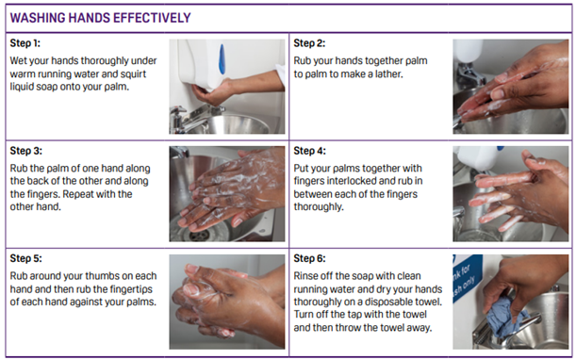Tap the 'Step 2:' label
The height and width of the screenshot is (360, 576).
coord(310,44)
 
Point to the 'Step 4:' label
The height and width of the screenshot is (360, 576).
coord(310,151)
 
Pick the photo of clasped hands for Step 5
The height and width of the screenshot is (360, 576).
coord(226,302)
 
